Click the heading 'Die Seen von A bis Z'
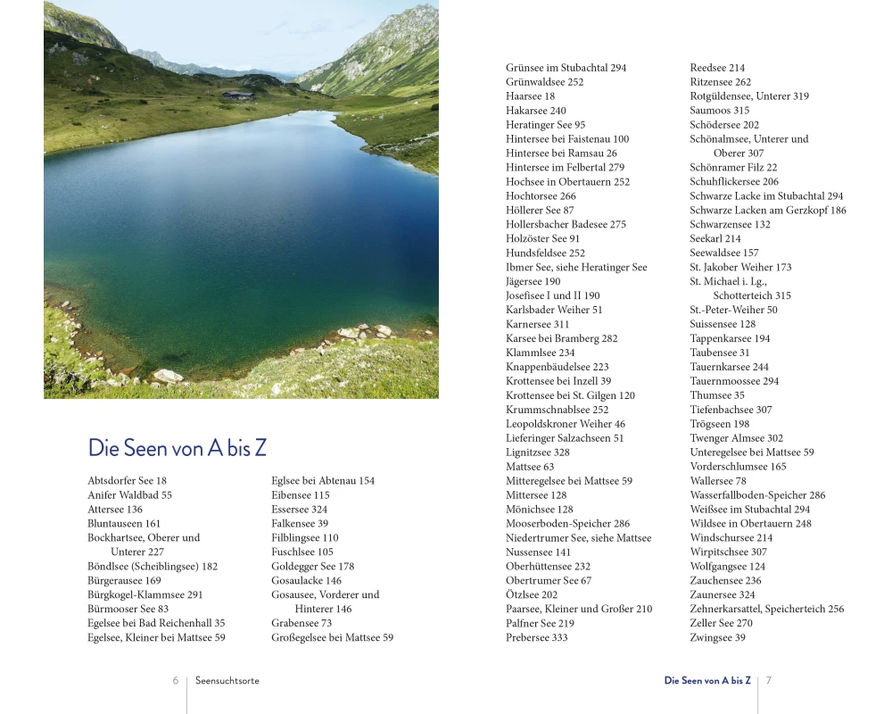pos(177,448)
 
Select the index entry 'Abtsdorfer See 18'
pos(127,481)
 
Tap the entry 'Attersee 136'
pos(115,510)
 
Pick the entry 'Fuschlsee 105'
pos(302,552)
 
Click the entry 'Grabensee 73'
pos(301,624)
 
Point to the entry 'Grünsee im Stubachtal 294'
pos(566,68)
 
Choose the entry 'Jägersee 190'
pos(533,282)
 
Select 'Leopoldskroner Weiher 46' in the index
pos(566,424)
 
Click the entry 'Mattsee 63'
pos(530,467)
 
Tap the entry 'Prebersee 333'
pos(536,638)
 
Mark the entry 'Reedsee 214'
pos(717,68)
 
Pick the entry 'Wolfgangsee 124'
pos(727,567)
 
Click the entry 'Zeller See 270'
pos(721,624)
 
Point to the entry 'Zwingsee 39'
pos(717,638)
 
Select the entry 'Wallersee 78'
pos(718,481)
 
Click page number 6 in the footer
pos(176,680)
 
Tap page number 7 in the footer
pos(769,680)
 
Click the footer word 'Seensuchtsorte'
pos(227,680)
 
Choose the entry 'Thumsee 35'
pos(717,395)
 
